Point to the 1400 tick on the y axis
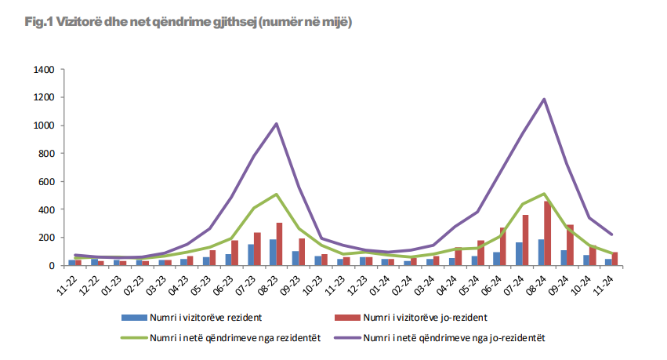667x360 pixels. [43, 70]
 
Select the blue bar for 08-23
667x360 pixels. [274, 253]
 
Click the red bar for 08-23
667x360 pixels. [279, 244]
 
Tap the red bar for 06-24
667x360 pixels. [503, 246]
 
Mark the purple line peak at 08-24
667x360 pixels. [544, 100]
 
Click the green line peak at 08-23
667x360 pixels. [276, 195]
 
